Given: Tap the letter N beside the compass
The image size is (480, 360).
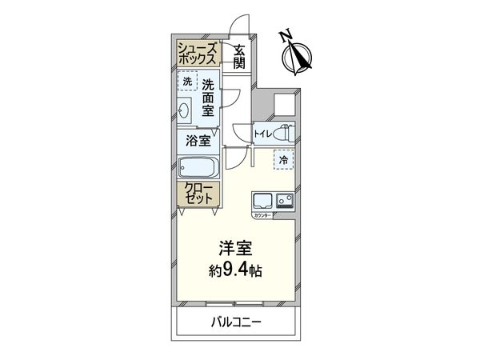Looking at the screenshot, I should pos(286,35).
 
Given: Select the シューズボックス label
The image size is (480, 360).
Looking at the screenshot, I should pos(197,54).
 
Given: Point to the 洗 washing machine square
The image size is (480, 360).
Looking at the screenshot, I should pos(186,82).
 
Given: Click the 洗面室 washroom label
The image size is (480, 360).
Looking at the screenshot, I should pos(209,97).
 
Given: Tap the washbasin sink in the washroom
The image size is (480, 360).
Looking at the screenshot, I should pos(185,110).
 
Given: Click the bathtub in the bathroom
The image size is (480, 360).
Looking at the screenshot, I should pos(198,169).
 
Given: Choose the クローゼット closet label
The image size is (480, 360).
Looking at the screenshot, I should pos(197,193).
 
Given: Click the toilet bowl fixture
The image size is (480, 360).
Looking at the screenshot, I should pos(286,133).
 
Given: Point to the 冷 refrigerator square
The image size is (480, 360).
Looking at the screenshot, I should pos(283,159).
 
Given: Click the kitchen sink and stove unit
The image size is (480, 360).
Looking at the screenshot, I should pos(274,200).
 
